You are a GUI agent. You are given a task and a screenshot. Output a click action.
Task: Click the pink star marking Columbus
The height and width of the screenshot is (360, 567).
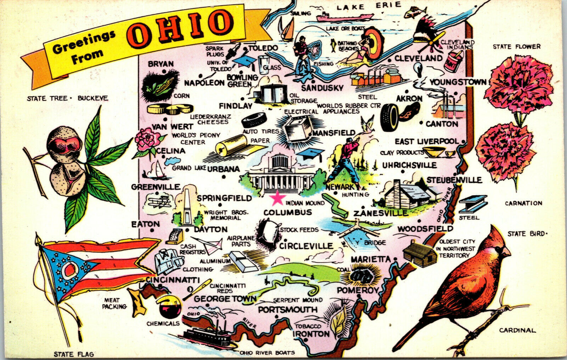click(x=277, y=198)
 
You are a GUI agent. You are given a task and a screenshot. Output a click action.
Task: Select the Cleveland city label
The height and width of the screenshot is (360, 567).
click(x=418, y=58)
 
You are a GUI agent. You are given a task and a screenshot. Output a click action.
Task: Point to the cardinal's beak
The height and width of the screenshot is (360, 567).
click(x=507, y=252)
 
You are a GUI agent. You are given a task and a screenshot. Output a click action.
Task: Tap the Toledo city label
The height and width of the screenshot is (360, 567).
click(x=263, y=48)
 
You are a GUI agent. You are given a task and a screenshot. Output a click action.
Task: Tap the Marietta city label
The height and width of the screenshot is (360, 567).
click(x=371, y=259)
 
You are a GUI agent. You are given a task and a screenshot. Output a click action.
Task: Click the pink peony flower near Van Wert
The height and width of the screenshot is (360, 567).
click(x=147, y=139)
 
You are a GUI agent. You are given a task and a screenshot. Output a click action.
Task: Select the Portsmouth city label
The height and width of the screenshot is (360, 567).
click(x=287, y=310)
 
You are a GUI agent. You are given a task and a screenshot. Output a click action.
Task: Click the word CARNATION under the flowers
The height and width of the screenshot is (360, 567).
click(x=523, y=203)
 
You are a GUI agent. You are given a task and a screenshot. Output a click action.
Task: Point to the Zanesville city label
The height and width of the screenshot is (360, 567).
click(x=380, y=213)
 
